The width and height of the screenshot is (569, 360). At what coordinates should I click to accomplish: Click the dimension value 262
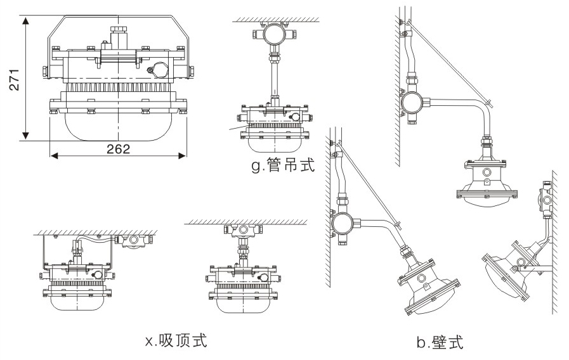pyautogui.click(x=118, y=150)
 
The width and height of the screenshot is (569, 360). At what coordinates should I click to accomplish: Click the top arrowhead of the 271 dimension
pyautogui.click(x=26, y=20)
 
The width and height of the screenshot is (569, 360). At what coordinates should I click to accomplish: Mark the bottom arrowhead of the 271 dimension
pyautogui.click(x=26, y=136)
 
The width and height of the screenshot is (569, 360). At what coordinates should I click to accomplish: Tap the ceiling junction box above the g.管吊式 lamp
pyautogui.click(x=273, y=35)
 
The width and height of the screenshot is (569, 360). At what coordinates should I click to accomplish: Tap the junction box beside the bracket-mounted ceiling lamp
pyautogui.click(x=133, y=240)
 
